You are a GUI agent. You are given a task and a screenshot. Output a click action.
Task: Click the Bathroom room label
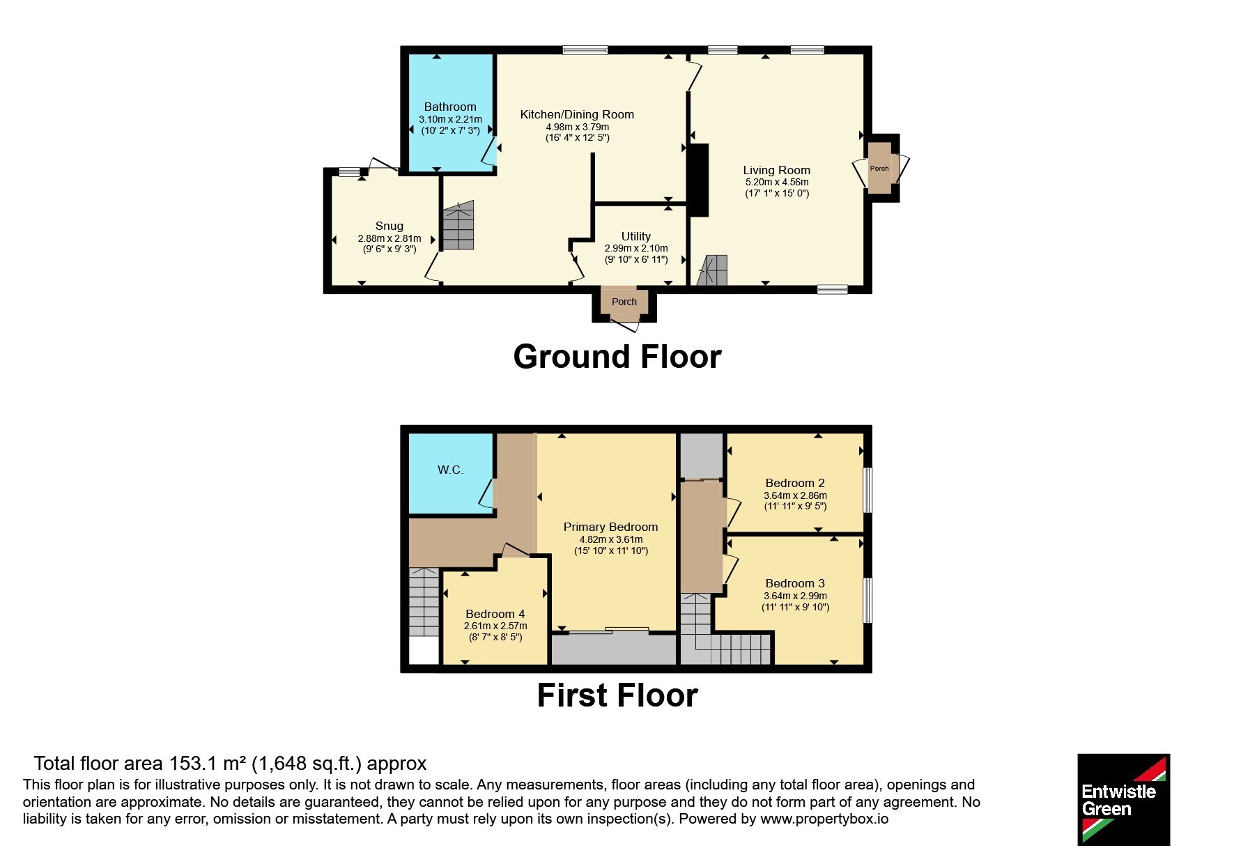coord(450,107)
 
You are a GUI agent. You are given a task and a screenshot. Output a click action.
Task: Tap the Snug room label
coord(390,226)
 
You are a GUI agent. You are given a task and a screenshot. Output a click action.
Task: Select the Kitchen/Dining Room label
coord(577,114)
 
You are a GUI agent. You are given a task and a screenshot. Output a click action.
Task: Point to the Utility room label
coord(636,236)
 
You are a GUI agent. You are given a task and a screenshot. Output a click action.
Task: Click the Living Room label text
coord(777,170)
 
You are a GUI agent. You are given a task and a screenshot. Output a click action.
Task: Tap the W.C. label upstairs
coord(450,470)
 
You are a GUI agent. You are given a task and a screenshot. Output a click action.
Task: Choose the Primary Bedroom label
coord(611,527)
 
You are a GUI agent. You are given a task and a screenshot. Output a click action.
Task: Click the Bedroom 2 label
coord(795,483)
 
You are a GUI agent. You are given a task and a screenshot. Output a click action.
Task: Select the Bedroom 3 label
coord(795,583)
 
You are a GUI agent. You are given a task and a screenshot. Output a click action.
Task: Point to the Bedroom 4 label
coord(495,614)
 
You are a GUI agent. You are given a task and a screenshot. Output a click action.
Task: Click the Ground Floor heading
coord(617,357)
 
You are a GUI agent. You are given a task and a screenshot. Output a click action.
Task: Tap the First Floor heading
coord(617,695)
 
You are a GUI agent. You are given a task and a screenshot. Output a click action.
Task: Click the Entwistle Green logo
coord(1123,799)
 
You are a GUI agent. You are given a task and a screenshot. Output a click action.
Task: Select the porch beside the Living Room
coord(879,169)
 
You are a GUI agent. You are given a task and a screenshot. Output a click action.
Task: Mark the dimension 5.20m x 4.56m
coord(777,182)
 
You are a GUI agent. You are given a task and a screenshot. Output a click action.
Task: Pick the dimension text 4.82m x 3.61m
coord(611,539)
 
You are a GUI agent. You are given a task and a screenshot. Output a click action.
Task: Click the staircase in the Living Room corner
coord(712,271)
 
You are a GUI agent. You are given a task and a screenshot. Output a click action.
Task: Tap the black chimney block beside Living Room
coord(698,180)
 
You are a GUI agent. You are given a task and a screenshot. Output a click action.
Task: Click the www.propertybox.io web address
coord(824,819)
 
